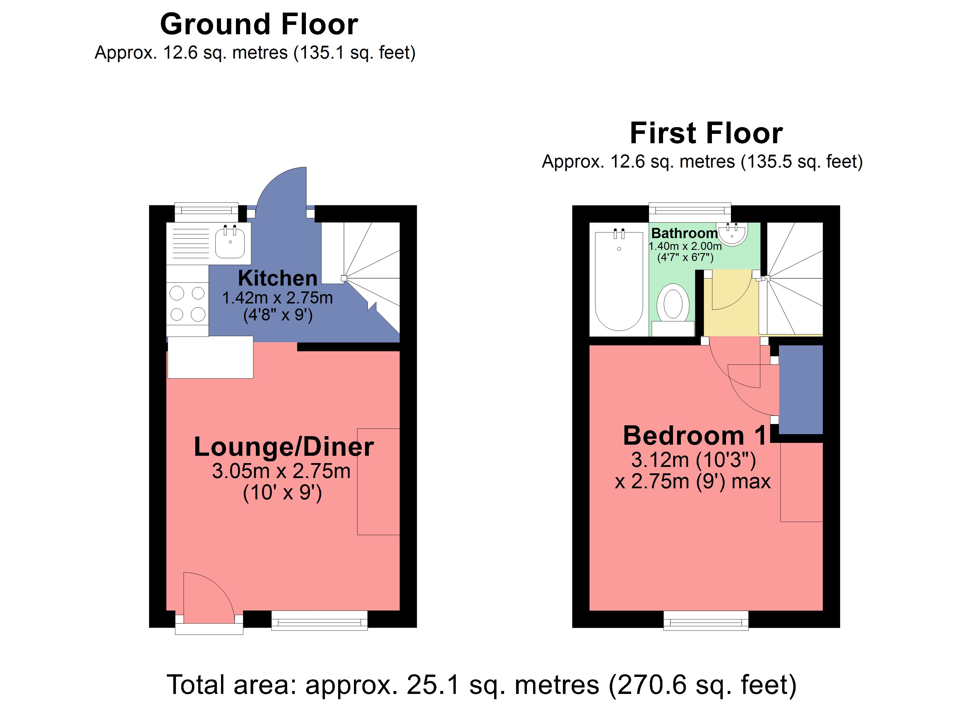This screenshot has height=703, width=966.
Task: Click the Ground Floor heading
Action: click(259, 24)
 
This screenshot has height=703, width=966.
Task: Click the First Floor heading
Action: click(706, 134)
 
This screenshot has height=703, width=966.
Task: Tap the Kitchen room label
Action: click(278, 278)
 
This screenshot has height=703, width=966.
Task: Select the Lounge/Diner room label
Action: click(284, 447)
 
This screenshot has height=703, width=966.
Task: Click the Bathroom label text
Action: click(684, 233)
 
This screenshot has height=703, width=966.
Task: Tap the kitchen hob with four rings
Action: click(187, 303)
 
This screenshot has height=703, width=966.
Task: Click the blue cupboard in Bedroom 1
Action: click(801, 389)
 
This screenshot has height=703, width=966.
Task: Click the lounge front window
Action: click(319, 620)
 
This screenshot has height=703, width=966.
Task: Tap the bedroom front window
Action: click(706, 620)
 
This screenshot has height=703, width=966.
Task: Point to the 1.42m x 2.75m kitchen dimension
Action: click(278, 298)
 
